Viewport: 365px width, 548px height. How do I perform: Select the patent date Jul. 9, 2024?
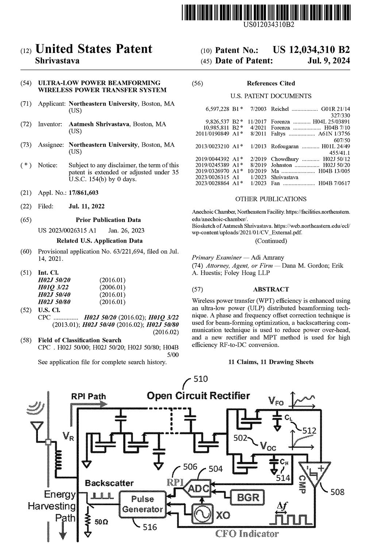point(328,61)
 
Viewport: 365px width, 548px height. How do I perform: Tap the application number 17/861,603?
point(84,193)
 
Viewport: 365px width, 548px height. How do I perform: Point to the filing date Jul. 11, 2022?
point(87,206)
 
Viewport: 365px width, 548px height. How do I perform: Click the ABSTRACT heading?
point(271,289)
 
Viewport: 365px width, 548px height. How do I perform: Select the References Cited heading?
point(271,83)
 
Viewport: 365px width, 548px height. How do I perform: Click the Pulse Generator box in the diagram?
point(142,504)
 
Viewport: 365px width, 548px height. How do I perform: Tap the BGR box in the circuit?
point(248,497)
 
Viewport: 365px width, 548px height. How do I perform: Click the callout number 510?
point(200,379)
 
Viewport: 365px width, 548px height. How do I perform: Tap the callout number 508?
point(337,492)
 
